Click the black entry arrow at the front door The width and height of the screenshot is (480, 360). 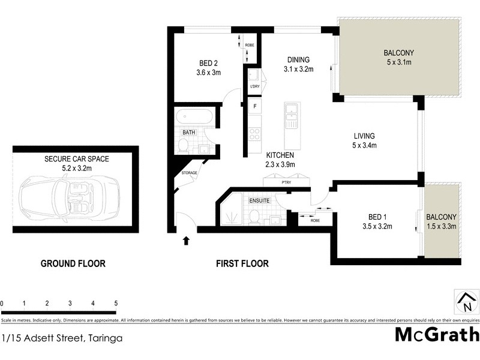185,241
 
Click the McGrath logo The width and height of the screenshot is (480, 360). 437,334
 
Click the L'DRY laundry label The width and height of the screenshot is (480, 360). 255,87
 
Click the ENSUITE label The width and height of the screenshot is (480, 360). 260,200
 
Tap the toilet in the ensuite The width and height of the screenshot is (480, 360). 254,215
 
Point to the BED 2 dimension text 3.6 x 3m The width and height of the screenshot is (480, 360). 209,73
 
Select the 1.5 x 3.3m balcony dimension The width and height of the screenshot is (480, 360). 442,226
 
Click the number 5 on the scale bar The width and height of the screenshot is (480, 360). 115,303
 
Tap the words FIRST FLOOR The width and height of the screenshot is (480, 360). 242,263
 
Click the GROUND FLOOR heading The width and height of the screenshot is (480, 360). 73,263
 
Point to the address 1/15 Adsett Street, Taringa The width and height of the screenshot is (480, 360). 62,338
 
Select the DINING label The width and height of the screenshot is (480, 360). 298,59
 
